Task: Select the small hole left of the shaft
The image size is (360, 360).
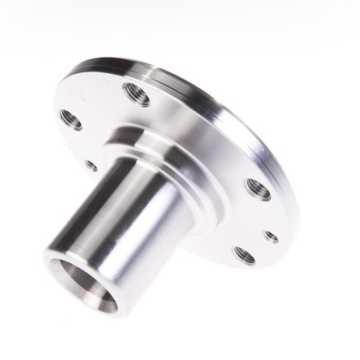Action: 91,165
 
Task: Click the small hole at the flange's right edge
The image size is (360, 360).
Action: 271,237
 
